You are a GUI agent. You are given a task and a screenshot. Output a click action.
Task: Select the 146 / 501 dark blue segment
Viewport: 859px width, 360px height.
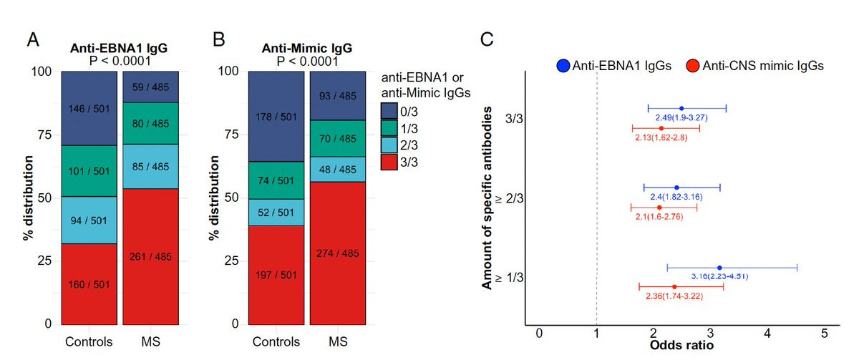pos(89,108)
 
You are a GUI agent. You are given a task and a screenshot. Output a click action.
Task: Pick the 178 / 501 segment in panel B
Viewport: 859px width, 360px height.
pos(276,116)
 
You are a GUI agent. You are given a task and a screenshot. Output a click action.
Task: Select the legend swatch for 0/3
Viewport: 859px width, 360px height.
pos(390,110)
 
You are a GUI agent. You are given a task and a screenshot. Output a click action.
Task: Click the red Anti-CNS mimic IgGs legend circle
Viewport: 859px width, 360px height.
pos(694,66)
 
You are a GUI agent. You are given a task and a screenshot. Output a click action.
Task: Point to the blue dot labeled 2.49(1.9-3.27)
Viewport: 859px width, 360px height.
pos(681,109)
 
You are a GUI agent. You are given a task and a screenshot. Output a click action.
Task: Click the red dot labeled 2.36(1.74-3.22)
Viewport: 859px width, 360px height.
pos(674,287)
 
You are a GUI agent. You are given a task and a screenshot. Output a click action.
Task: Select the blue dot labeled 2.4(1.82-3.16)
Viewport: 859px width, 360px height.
pos(676,188)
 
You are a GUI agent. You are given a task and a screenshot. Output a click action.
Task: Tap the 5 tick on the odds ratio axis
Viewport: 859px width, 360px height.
pos(824,334)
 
